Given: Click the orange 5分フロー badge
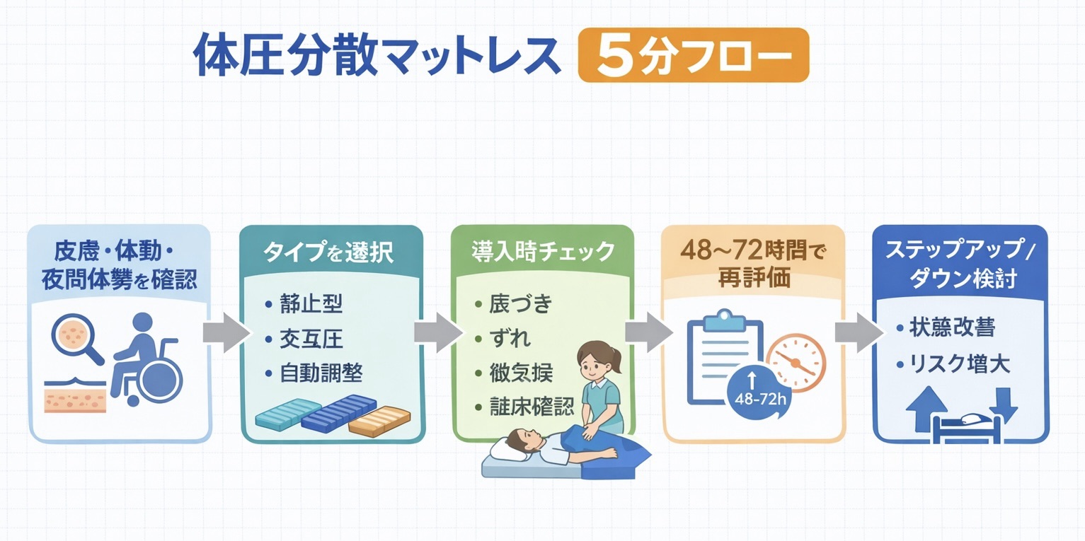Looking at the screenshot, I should click(x=693, y=56).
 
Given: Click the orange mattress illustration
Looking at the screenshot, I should click(x=378, y=421).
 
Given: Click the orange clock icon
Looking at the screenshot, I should click(x=796, y=361).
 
